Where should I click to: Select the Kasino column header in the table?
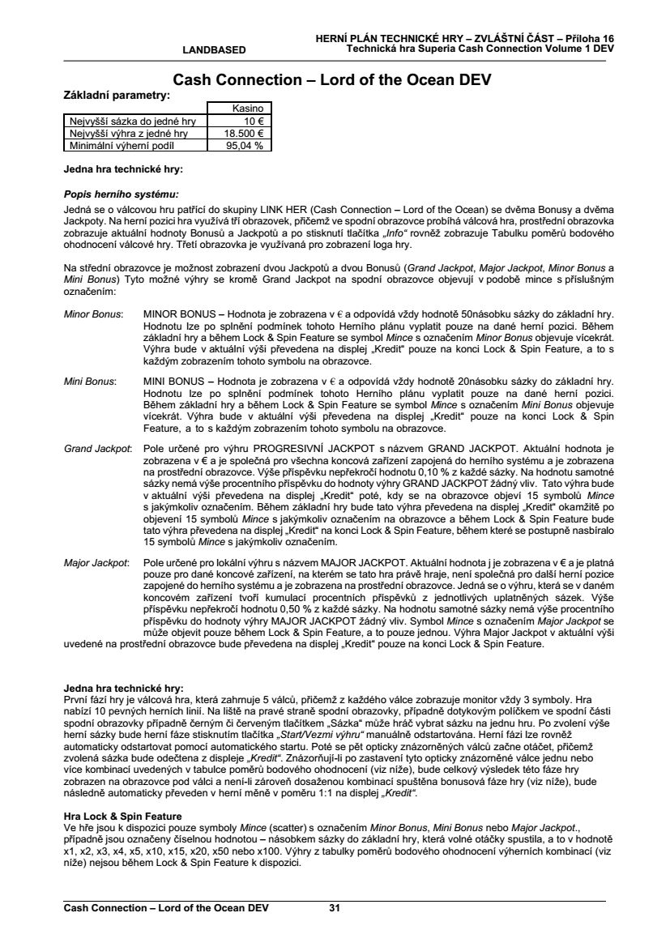pos(240,108)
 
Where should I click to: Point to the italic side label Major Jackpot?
pos(96,561)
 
